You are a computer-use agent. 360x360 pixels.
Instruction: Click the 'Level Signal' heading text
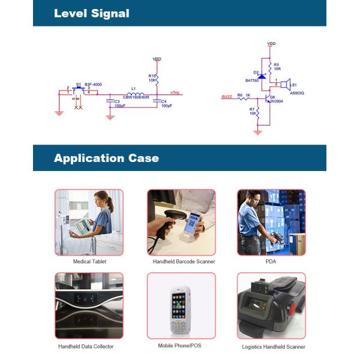(91, 13)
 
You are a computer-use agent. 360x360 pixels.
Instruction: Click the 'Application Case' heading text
(106, 158)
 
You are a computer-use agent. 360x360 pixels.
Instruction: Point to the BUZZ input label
(227, 96)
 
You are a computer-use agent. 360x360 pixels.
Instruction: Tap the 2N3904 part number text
(277, 101)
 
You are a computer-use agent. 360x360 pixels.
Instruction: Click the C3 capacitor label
(116, 101)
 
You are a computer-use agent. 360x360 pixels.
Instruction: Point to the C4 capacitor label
(164, 101)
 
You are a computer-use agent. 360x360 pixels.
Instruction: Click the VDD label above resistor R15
(157, 59)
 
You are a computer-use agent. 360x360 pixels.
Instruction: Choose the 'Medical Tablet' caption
(89, 262)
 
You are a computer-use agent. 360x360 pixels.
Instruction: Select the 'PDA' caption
(270, 262)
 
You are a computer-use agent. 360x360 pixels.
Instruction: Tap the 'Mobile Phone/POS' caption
(181, 346)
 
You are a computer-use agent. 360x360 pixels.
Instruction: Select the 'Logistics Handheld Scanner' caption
(273, 347)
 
